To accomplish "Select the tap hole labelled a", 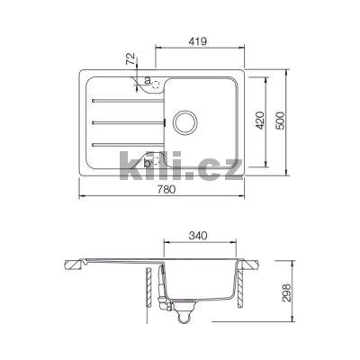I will [154, 84].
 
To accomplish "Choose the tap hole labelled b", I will [154, 161].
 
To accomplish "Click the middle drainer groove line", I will [126, 121].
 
